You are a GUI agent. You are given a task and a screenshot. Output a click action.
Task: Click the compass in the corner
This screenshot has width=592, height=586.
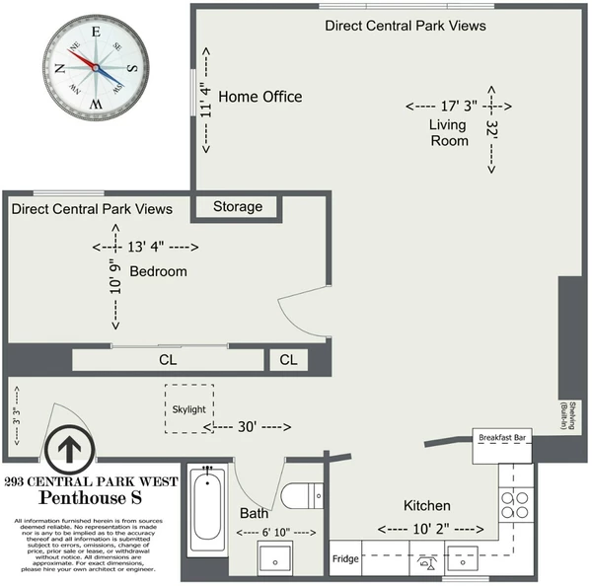95,66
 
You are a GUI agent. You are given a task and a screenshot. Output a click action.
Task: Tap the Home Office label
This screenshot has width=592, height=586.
260,97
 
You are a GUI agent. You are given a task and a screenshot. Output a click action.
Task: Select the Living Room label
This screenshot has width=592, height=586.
448,132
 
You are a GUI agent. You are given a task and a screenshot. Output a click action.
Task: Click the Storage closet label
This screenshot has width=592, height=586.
238,207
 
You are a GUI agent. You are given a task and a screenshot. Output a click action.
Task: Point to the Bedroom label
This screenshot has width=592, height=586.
159,271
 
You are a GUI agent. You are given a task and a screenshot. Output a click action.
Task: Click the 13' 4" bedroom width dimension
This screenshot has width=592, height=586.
145,247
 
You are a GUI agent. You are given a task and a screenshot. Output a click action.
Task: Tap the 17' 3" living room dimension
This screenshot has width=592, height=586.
457,105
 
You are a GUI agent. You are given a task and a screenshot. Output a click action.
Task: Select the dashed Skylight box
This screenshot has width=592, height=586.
188,408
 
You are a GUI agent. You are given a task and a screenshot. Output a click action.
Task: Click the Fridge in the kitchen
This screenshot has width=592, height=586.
345,559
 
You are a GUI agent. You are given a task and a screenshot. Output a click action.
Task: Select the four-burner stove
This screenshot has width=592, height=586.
514,504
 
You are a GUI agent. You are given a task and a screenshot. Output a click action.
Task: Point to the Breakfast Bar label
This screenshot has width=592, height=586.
504,436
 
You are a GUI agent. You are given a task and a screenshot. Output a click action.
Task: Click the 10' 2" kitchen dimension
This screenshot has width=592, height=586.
427,529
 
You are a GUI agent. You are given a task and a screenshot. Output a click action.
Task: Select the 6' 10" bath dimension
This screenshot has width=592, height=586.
277,533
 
